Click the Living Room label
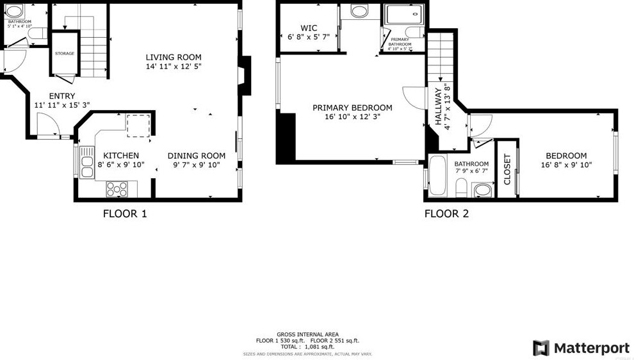173,57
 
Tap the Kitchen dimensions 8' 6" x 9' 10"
121,165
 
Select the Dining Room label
197,156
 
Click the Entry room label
61,96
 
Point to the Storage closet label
65,53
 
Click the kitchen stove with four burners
117,188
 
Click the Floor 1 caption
125,213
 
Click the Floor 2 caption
446,213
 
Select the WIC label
309,28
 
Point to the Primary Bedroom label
352,108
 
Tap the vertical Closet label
507,169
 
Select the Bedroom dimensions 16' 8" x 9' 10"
566,165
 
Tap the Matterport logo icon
541,348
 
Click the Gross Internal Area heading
307,334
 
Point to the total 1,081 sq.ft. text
307,347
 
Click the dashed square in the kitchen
138,125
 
